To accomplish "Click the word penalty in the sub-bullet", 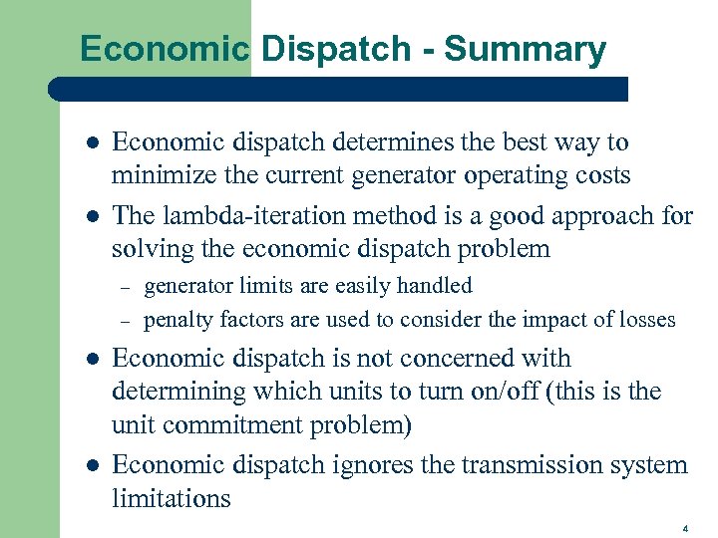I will coord(177,320).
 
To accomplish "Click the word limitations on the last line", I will coord(171,499).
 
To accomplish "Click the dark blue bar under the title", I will coord(339,89).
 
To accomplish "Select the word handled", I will coord(434,286).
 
